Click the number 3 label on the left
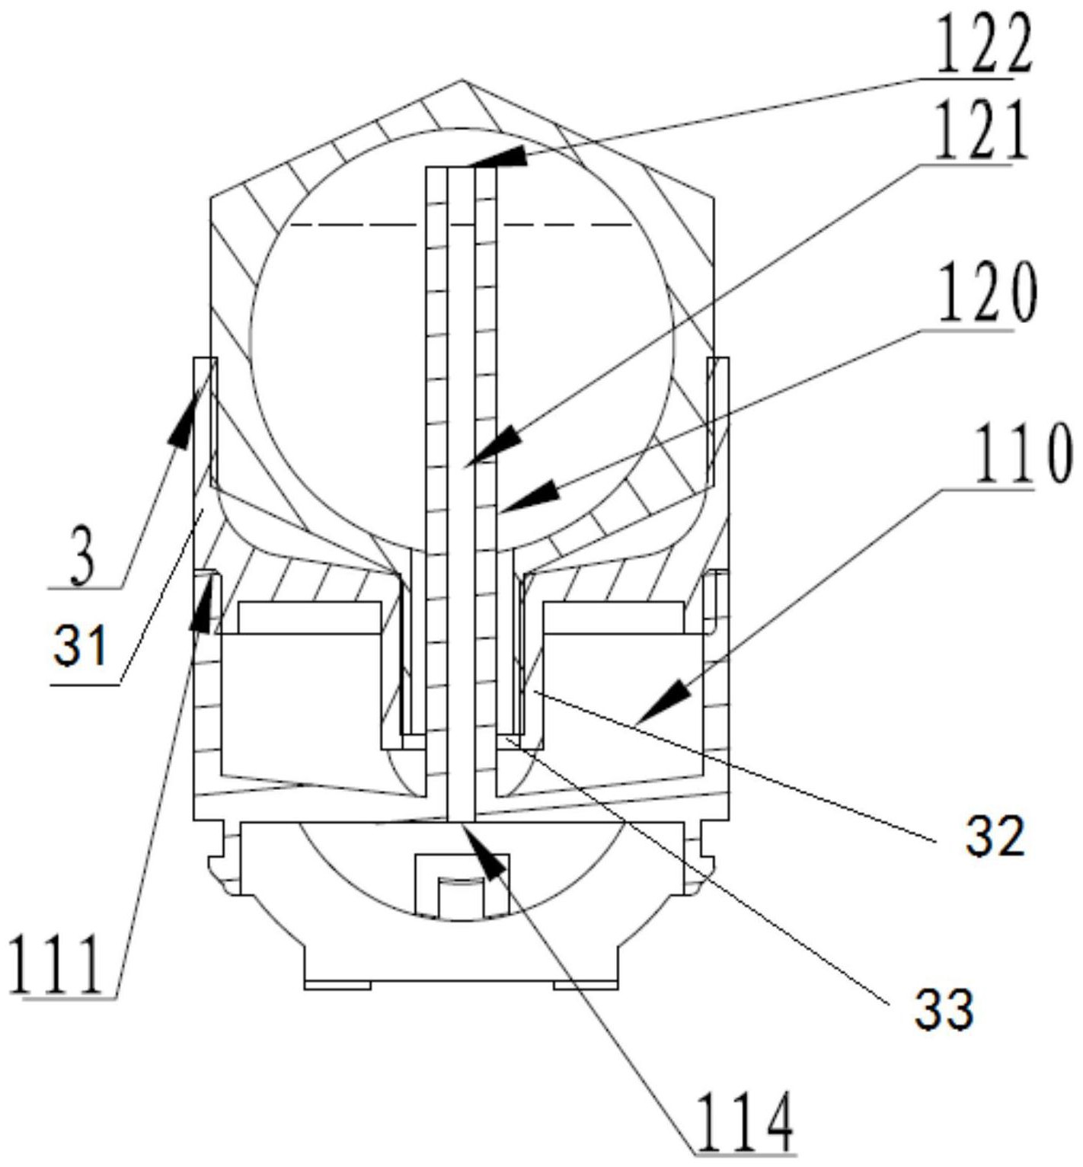84,560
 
